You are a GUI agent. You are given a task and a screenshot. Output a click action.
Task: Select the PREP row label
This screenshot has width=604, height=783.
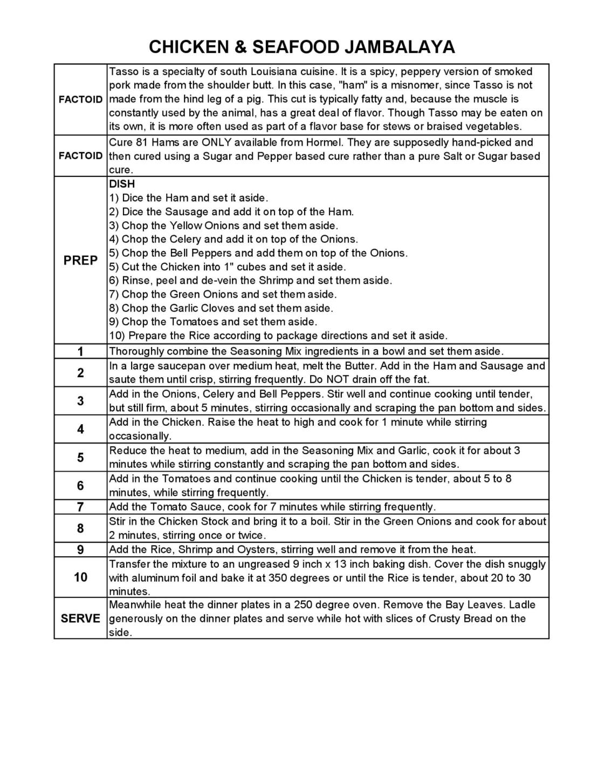coord(80,261)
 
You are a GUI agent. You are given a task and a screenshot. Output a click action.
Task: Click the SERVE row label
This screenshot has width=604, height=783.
coord(80,618)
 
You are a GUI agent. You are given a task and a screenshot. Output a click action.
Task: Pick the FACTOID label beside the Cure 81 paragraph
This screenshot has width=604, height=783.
coord(80,156)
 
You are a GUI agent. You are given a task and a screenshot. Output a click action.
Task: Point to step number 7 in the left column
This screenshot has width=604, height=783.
coord(80,507)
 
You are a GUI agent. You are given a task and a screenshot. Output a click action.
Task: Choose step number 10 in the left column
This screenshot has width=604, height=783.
coord(80,577)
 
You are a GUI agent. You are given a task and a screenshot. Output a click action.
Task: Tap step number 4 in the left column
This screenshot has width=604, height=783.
coord(80,429)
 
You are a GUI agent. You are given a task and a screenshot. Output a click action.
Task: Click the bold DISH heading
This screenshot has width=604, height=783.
coord(122,184)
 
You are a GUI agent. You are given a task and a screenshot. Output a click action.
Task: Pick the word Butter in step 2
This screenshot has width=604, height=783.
coord(360,366)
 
